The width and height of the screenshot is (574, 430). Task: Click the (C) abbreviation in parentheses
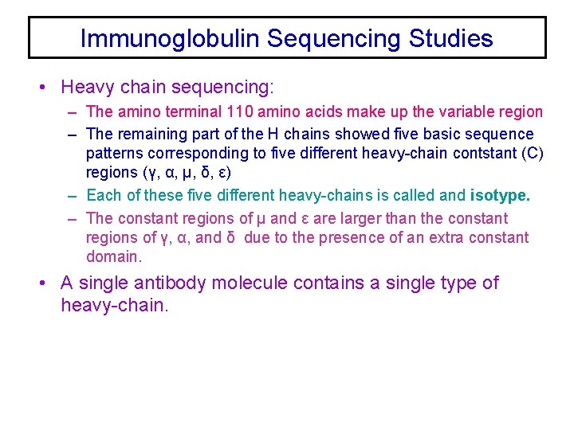530,154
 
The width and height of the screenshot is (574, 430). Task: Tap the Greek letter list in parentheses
185,173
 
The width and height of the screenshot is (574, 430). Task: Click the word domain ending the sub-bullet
114,256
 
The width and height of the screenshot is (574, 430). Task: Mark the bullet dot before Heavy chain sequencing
49,86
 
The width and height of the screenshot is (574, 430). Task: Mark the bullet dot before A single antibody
49,283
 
